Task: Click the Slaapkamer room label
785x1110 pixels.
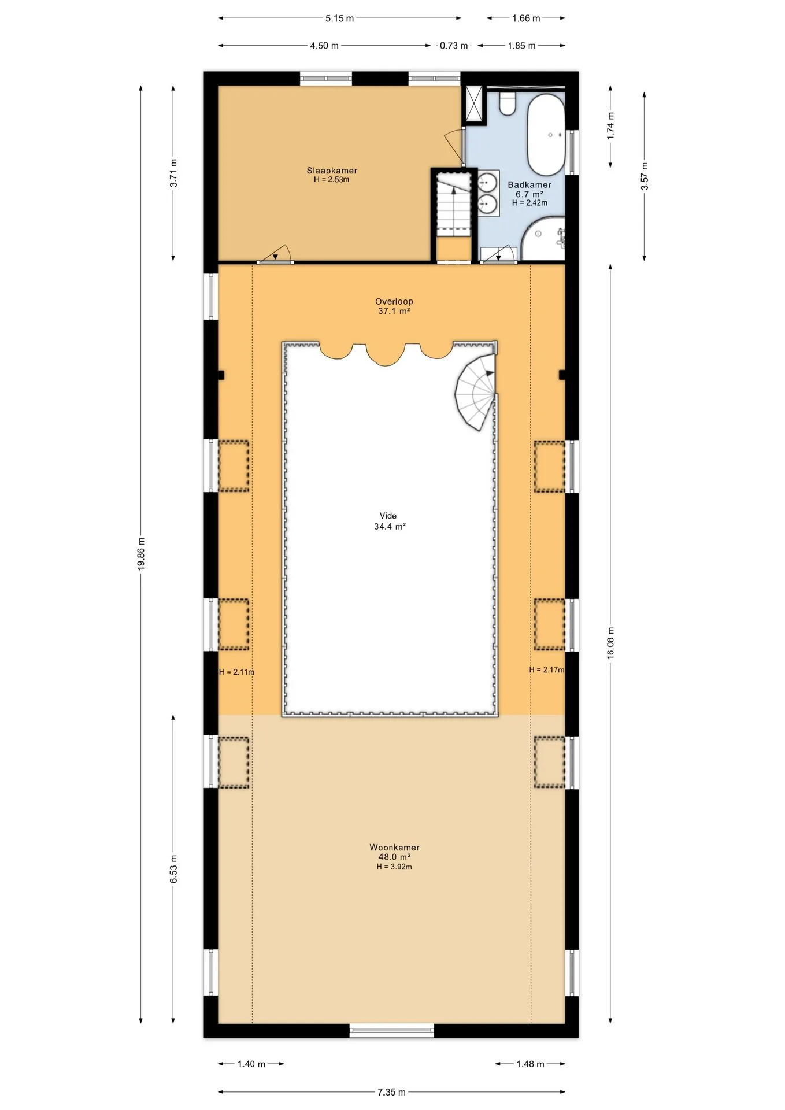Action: pos(332,171)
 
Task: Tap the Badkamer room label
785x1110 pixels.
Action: pos(529,185)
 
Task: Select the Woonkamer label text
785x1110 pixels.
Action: pos(395,848)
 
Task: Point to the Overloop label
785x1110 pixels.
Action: pos(394,301)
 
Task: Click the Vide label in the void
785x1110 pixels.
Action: pos(388,516)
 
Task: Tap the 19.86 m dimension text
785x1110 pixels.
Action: pos(141,554)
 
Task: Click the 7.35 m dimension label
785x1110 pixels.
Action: pos(391,1092)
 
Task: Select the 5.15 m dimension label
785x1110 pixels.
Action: pos(339,18)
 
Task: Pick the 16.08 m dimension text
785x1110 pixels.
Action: pos(610,643)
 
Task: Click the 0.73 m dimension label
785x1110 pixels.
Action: pos(454,46)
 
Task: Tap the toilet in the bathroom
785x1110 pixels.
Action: pos(508,103)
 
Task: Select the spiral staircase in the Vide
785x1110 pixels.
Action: pos(475,393)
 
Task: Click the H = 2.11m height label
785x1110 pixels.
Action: pos(236,672)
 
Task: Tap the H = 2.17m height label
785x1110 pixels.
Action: pos(547,670)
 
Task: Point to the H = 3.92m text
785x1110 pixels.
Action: pos(394,867)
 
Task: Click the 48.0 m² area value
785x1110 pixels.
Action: pos(394,857)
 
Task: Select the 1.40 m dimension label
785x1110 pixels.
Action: pos(251,1064)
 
